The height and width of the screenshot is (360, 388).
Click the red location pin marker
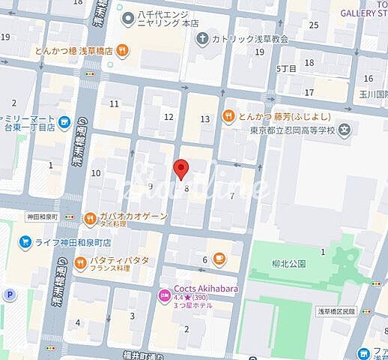coord(181,169)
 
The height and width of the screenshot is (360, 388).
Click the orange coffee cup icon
coord(219,259)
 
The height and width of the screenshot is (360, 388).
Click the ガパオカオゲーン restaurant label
coord(136,215)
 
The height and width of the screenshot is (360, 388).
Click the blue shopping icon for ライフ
coord(25,242)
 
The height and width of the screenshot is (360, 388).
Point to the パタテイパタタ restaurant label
coord(119,259)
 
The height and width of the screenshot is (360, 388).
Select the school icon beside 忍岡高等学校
coord(344,130)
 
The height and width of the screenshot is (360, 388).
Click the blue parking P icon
coord(10,295)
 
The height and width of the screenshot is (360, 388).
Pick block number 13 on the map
coord(205,118)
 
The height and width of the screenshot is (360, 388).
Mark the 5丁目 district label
coord(286,68)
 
